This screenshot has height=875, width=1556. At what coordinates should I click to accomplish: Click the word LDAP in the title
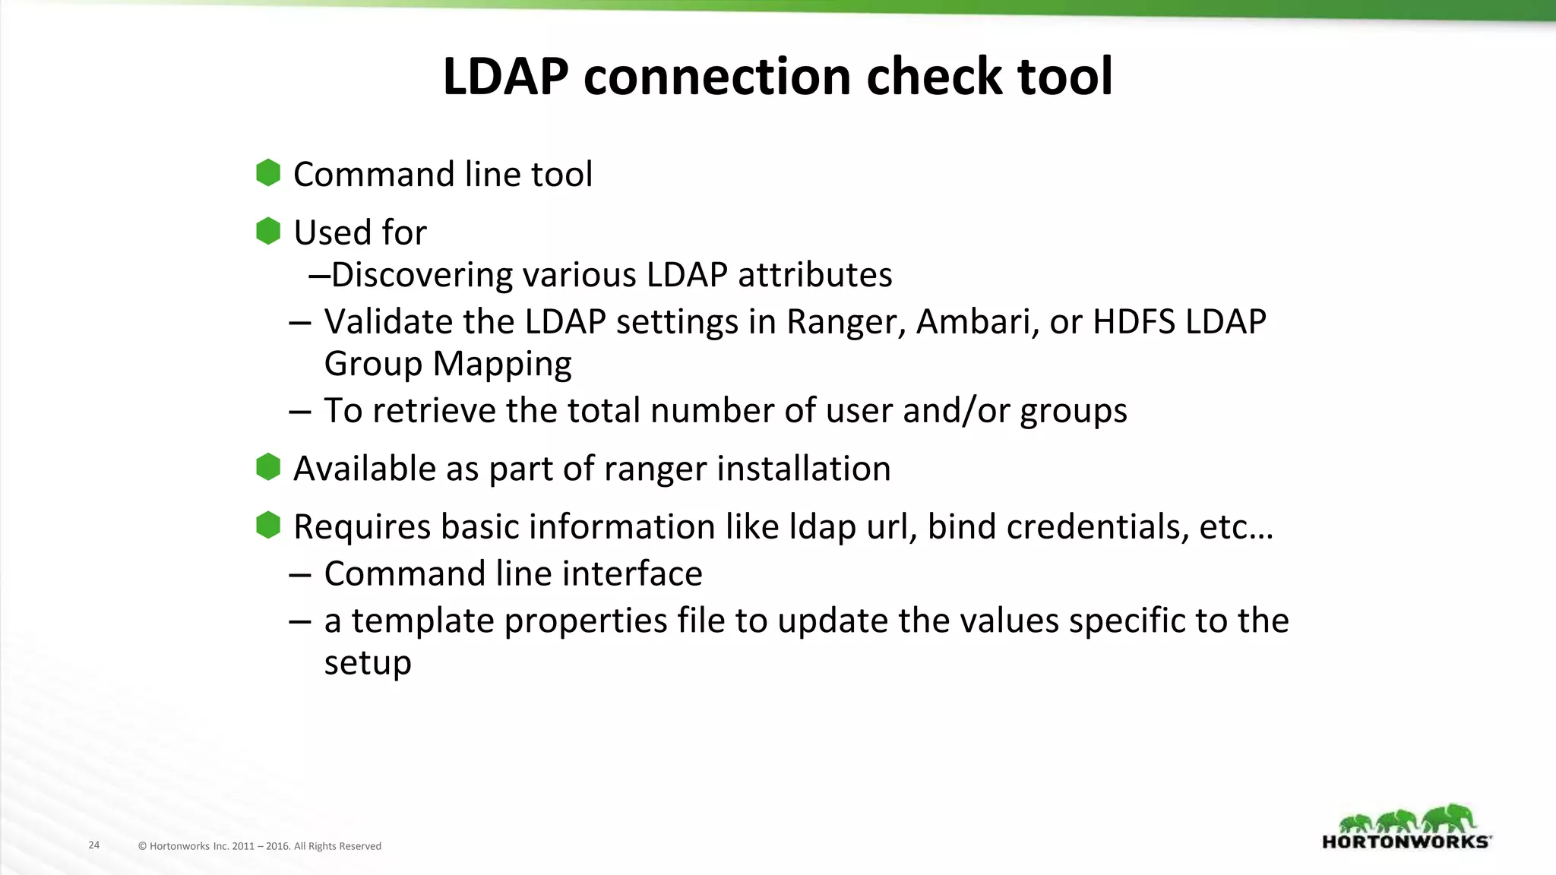click(505, 77)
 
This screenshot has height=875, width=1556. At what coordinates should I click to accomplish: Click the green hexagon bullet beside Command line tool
click(268, 173)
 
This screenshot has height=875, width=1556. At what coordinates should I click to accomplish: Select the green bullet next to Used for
click(268, 231)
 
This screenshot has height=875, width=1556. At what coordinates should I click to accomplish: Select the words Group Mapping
click(448, 364)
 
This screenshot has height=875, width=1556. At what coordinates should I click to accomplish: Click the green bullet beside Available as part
click(268, 467)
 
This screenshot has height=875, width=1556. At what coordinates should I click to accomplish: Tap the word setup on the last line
click(368, 663)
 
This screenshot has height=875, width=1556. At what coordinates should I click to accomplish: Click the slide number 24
click(94, 845)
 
